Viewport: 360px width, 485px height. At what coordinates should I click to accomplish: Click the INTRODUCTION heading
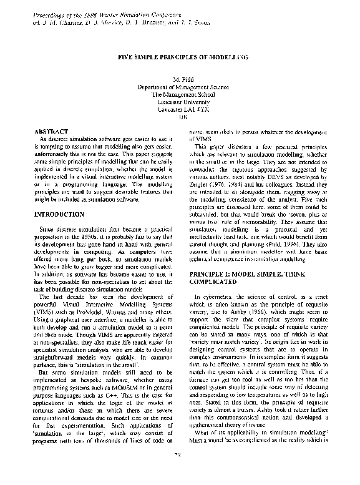(x=60, y=214)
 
